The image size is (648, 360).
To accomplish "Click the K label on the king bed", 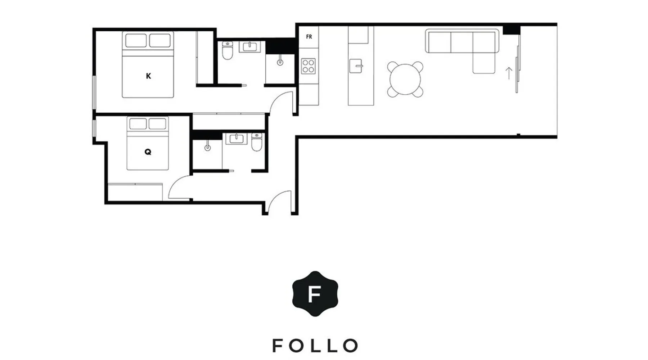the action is click(x=148, y=76).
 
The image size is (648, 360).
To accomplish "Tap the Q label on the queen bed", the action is click(x=148, y=152).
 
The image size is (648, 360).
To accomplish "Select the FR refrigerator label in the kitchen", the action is click(x=309, y=37).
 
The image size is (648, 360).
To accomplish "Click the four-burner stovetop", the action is click(x=308, y=66).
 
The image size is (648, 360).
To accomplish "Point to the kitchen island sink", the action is click(x=356, y=66).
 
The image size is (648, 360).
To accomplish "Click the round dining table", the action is click(x=405, y=79).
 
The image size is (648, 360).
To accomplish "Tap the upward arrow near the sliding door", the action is click(x=509, y=73).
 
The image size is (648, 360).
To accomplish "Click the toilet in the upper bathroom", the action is click(x=228, y=50).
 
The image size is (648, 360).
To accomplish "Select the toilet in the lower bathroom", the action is click(x=257, y=142).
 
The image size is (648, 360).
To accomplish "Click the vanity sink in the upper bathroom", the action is click(x=249, y=47).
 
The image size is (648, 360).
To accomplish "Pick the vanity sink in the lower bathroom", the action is click(x=236, y=139).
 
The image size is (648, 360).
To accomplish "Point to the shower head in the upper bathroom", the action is click(x=280, y=62).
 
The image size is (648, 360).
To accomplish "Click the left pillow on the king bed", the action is click(x=136, y=40).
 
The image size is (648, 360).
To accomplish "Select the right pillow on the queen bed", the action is click(x=157, y=123).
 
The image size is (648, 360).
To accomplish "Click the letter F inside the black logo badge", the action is click(x=315, y=294).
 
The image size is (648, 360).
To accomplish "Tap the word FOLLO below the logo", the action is click(x=315, y=346).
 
